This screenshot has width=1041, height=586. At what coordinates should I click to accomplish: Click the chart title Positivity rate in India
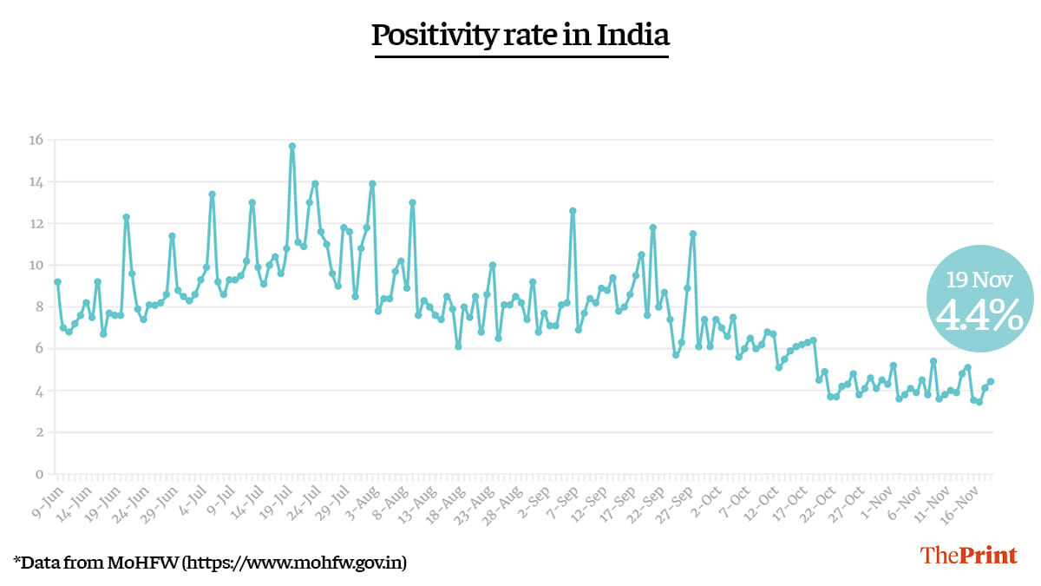click(520, 36)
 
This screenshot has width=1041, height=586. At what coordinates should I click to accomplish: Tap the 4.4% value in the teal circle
click(979, 317)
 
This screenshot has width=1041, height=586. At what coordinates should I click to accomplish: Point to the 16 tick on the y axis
click(36, 141)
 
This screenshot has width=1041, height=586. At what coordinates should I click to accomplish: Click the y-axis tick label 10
click(36, 266)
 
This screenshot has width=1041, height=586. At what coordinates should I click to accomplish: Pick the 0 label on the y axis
click(39, 474)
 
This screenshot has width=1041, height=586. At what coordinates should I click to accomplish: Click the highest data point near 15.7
click(292, 146)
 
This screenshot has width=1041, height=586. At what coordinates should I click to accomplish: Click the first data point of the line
click(57, 281)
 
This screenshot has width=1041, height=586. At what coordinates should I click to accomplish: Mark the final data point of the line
click(991, 381)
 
